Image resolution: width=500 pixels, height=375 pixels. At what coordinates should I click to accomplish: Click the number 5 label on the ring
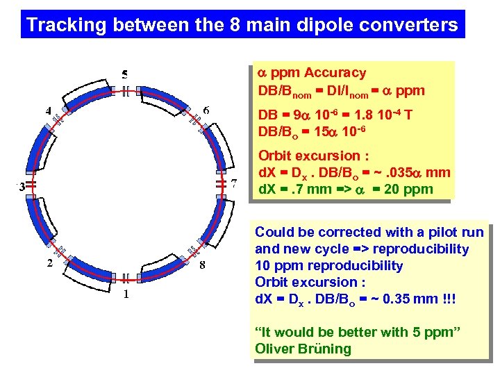(x=125, y=74)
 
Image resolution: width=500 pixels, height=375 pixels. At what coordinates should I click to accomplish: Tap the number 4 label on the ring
(x=49, y=110)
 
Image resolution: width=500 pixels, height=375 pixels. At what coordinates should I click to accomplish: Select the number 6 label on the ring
(x=206, y=110)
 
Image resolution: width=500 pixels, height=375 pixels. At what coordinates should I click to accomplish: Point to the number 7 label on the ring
(x=235, y=184)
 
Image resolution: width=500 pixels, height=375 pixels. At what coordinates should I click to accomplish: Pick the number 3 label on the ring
(x=22, y=186)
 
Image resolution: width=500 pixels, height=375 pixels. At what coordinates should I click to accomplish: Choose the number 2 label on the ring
(x=49, y=263)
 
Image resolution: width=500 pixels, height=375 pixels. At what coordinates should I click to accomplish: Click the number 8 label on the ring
(x=202, y=264)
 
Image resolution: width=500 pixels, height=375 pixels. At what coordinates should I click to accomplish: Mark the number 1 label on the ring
(x=126, y=294)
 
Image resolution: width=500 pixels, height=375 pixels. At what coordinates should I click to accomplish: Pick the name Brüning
(x=325, y=349)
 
